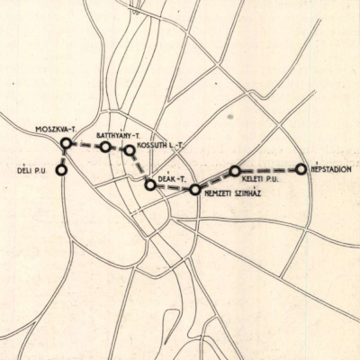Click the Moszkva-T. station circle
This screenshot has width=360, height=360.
point(66,143)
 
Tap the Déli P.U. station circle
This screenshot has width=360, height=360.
point(61,168)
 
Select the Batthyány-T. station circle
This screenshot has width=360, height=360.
point(105,147)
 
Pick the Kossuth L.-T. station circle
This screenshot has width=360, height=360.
point(130,150)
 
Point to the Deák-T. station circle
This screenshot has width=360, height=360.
point(150,184)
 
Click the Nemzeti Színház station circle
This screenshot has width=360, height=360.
point(194,189)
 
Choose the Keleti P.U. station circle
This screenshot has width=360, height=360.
point(235,170)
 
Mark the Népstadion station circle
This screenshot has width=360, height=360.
point(301,168)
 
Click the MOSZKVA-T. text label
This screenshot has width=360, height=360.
point(54,130)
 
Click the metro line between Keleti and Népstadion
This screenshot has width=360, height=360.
point(268,169)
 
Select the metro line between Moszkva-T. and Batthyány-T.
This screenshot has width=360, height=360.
point(85,145)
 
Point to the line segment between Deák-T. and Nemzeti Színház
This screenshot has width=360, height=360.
point(173,187)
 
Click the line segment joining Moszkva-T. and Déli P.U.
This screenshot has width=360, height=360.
point(64,156)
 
